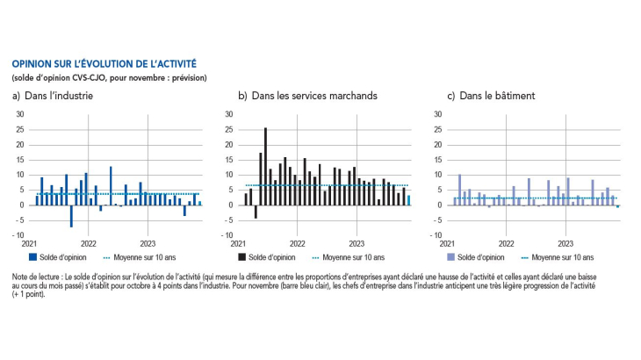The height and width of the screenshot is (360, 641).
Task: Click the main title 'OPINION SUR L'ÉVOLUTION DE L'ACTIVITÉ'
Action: coord(104,64)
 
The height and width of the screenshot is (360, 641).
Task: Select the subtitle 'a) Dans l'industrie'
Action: coord(53,96)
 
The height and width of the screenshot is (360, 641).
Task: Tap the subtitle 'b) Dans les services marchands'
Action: coord(308,96)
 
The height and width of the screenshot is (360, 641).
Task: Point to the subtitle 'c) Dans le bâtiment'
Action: coord(491,96)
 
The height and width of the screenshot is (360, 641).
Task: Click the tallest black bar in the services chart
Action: coord(265,166)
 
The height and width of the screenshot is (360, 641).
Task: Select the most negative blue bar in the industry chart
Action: coord(71,216)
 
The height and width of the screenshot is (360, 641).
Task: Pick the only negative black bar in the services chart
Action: coord(256,212)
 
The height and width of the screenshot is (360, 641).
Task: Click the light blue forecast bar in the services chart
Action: coord(408,200)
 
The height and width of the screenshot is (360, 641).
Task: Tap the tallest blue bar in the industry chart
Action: coord(111,186)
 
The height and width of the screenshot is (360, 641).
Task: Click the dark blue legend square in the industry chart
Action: coord(32,257)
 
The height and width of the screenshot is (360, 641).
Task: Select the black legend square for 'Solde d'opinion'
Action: coord(242,257)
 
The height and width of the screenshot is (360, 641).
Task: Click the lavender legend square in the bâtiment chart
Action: coord(451,257)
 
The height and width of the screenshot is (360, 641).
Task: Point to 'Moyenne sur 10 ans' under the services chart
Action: coord(354,257)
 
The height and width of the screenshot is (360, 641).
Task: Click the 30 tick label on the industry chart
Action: coord(20,114)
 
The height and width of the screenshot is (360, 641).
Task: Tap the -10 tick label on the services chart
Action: coord(227,235)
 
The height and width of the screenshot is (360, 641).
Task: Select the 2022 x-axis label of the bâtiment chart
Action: coord(506,244)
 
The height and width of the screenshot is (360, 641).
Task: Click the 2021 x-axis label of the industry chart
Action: coord(29,244)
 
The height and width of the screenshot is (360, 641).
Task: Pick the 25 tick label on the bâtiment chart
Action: coord(438,130)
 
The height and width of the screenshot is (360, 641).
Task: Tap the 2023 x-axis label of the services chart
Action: coord(357,244)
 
